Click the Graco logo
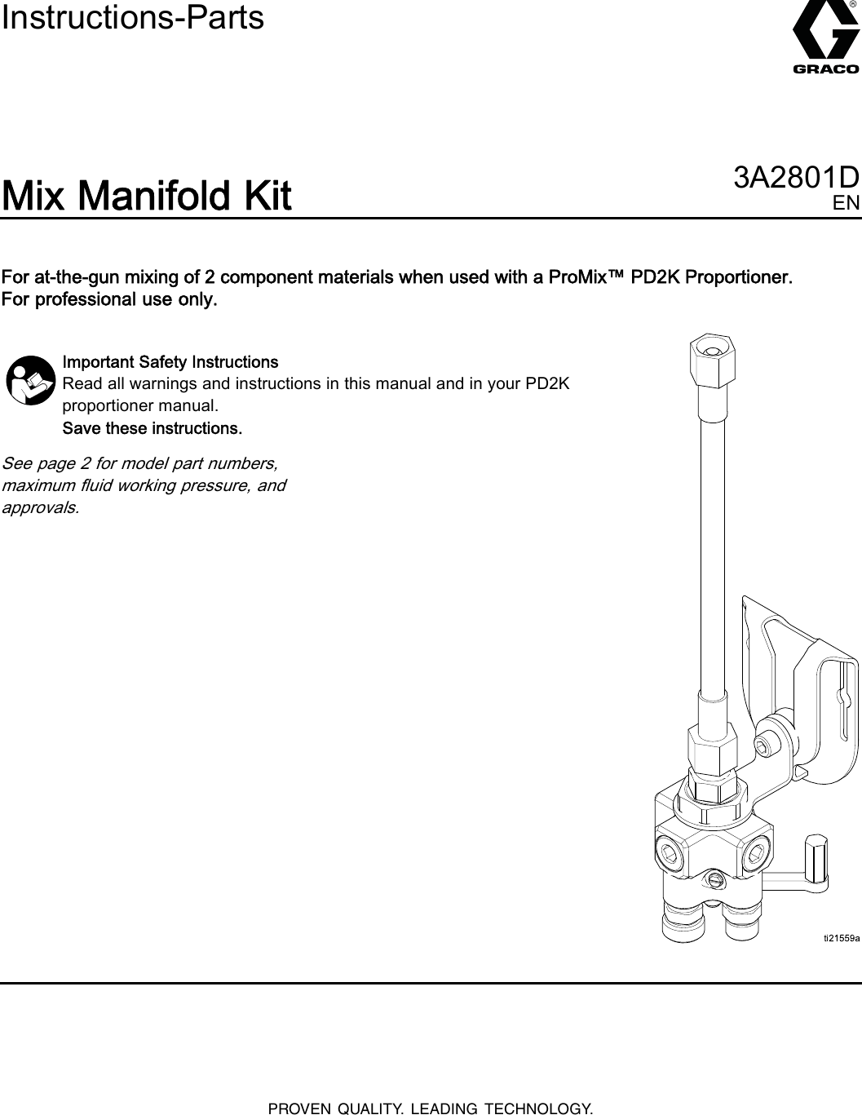pos(824,41)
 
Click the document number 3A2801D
pos(797,178)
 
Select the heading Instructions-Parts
pos(133,18)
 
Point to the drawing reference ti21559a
pos(840,939)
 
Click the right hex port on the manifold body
pos(756,853)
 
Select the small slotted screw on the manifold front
pos(714,879)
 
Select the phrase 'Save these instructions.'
pos(152,428)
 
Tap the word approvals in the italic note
pos(41,507)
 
